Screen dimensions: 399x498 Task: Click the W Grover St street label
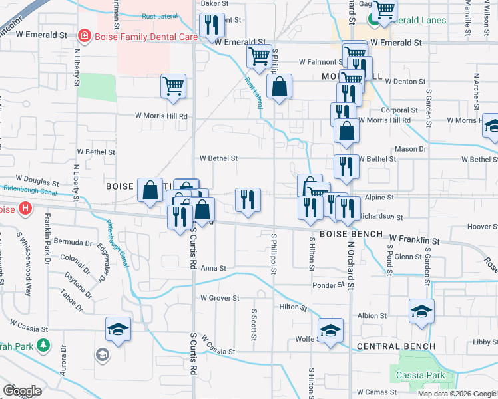220,298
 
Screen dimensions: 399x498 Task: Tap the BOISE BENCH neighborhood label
352,234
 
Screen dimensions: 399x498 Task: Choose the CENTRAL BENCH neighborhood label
396,346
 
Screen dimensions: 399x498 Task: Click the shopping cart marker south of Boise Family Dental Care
173,86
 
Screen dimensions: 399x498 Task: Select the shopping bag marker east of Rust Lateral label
279,86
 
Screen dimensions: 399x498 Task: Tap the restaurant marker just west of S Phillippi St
247,199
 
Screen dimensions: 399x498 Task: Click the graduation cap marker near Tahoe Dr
119,329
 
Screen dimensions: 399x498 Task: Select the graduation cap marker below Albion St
421,311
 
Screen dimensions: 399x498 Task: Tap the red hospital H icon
25,209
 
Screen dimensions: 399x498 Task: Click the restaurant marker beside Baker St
212,25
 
